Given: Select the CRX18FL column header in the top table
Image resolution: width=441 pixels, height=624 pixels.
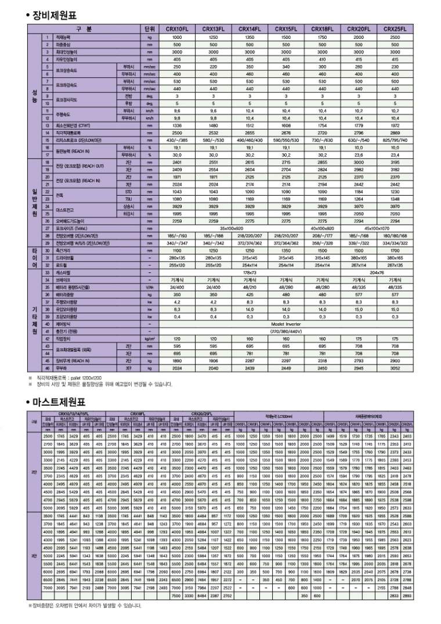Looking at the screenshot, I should point(322,28).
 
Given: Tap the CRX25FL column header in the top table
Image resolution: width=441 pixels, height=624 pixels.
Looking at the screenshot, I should point(395,28).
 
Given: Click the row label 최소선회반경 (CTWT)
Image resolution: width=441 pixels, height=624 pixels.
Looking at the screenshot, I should point(75,125).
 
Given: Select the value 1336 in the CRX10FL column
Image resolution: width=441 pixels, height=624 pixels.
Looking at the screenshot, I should point(177,125).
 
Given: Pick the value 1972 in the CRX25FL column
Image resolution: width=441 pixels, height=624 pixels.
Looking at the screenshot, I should point(395,125).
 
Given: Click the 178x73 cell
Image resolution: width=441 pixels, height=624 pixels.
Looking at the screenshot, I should point(250,272).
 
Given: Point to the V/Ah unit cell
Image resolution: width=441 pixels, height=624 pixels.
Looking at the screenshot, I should point(149,287).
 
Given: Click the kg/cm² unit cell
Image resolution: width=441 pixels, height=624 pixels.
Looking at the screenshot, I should point(149,338).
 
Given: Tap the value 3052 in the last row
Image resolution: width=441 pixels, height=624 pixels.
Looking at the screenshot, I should point(395,367).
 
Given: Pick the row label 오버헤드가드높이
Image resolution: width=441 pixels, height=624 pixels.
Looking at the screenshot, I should point(70,221).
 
